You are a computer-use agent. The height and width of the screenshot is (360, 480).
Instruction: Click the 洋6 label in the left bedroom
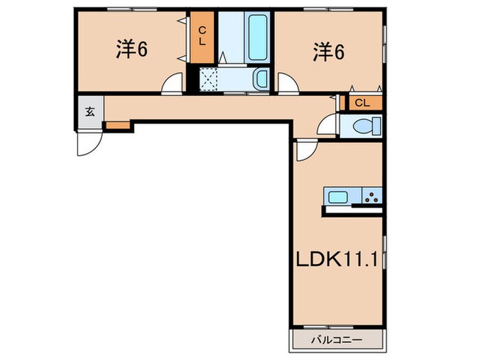click(132, 50)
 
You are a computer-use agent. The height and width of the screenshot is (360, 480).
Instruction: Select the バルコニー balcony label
click(336, 339)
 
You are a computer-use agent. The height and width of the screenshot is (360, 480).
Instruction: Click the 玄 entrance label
click(89, 111)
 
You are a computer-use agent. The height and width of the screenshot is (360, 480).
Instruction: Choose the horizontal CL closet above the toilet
click(363, 103)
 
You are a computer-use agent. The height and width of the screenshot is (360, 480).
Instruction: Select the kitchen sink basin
click(338, 197)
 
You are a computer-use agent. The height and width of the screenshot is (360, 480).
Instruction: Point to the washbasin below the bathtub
click(261, 80)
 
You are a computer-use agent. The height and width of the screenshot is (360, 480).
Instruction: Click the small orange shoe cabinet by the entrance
click(117, 126)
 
